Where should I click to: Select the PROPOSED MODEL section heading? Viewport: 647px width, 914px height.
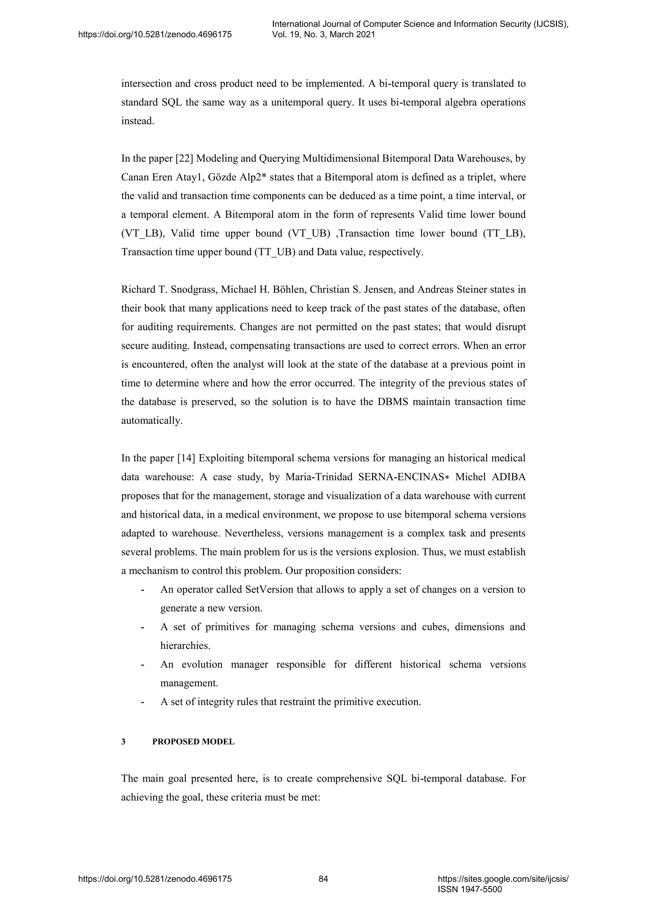[x=193, y=742]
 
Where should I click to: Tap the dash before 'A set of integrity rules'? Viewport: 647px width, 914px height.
[x=142, y=702]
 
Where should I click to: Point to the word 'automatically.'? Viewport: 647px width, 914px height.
[x=152, y=421]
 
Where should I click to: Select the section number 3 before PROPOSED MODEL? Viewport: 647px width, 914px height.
[x=124, y=742]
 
